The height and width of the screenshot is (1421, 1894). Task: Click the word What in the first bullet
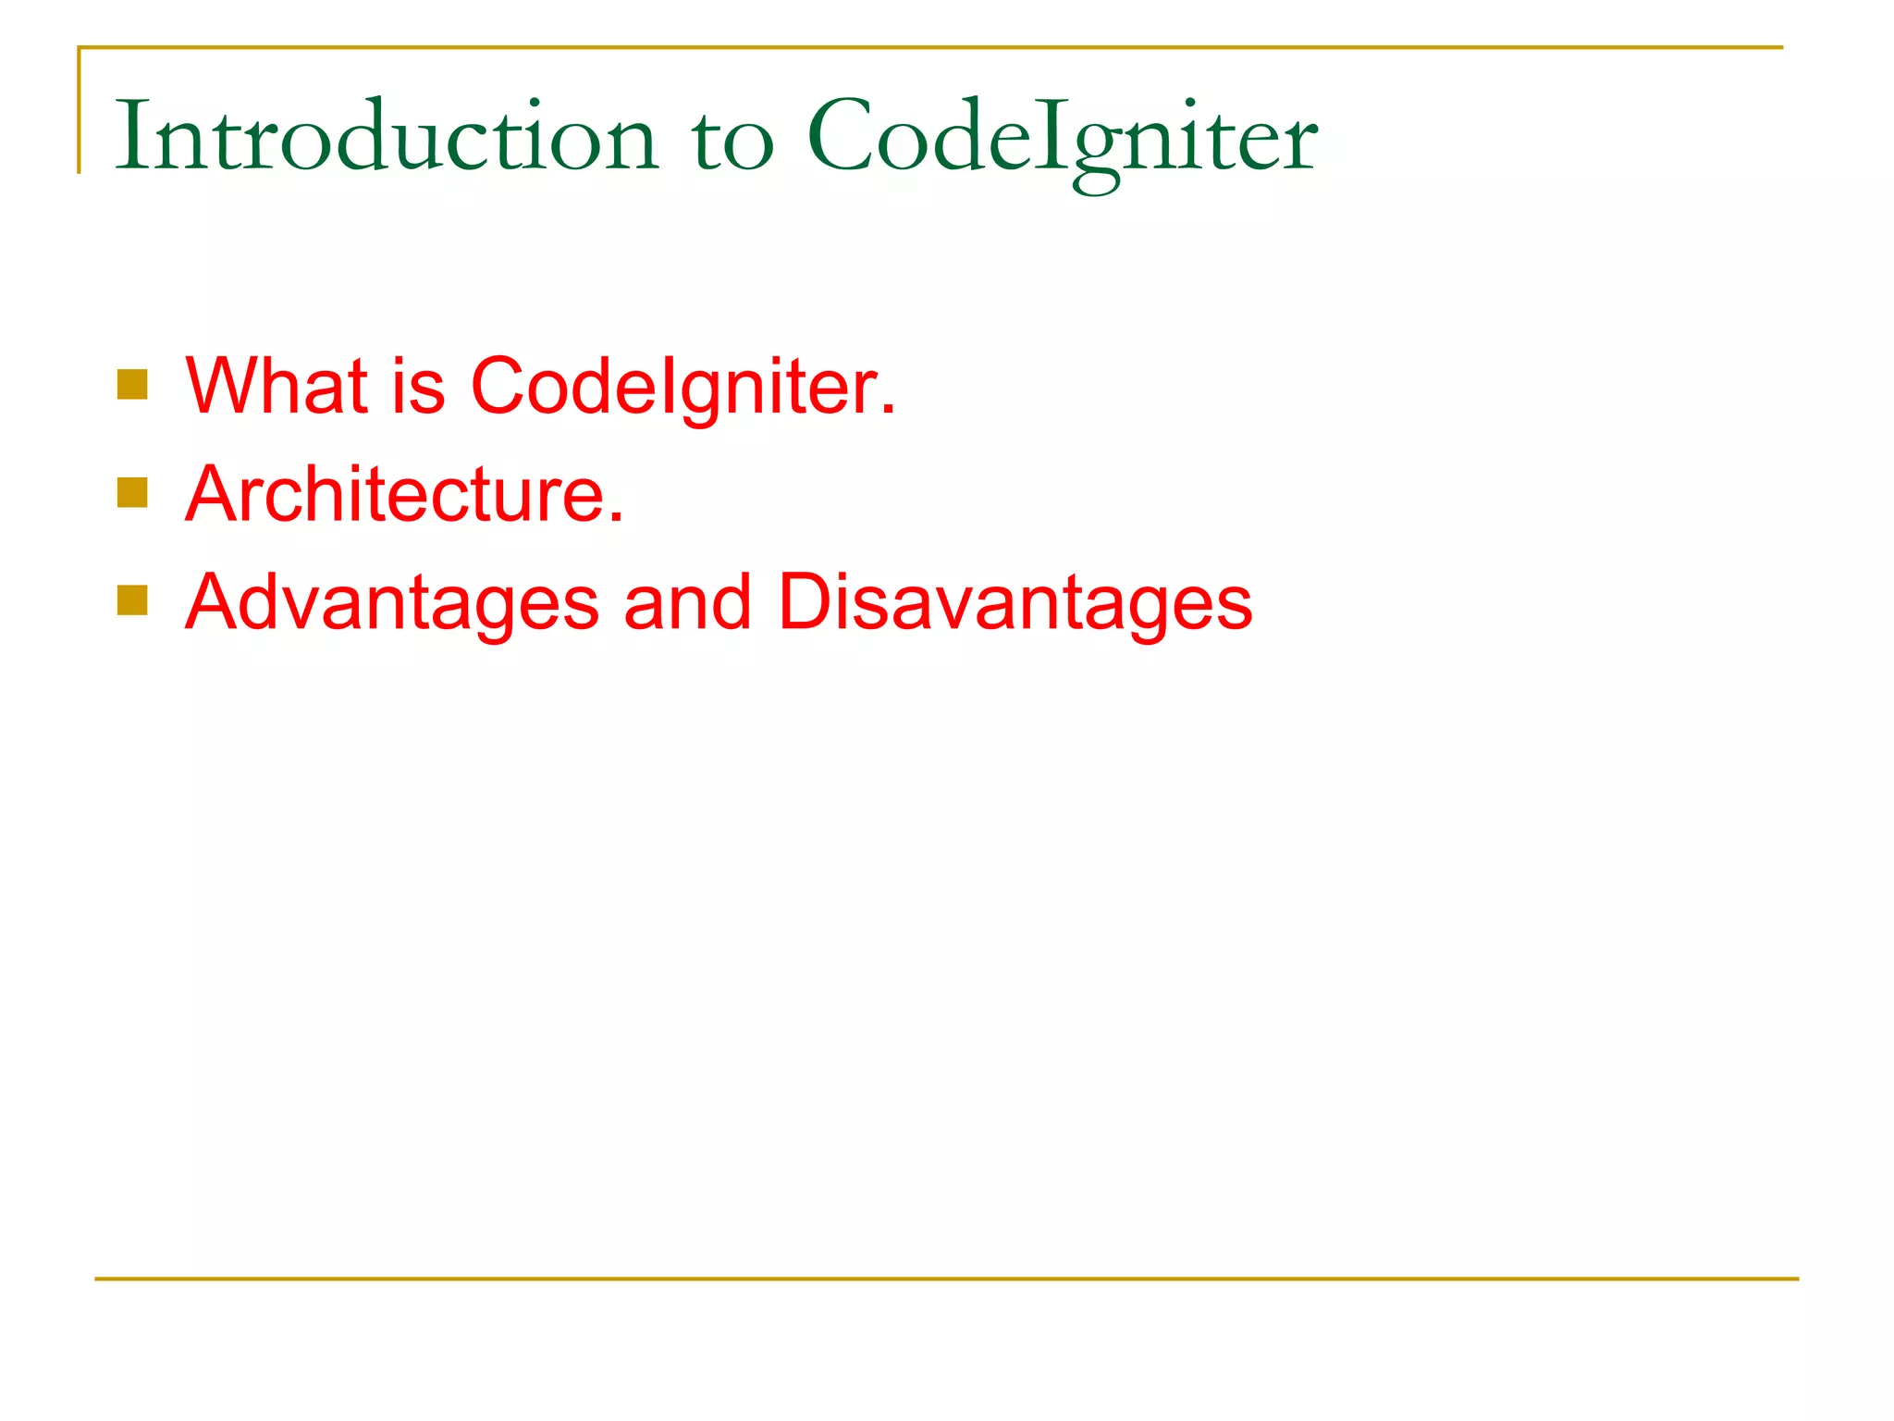pos(277,386)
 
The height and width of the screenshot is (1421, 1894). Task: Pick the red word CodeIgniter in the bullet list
pos(675,386)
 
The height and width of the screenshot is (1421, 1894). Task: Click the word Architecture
pos(396,494)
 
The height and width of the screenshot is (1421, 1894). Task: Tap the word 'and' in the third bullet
pos(687,603)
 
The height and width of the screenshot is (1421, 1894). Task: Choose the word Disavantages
pos(1015,603)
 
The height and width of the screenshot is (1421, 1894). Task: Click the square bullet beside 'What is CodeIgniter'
pos(132,385)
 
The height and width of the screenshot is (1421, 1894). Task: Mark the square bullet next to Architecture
pos(132,493)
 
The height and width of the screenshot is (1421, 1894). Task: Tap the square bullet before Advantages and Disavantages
pos(132,600)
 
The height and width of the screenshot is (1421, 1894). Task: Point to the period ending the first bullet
pos(889,410)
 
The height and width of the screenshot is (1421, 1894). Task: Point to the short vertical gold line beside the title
pos(80,111)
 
